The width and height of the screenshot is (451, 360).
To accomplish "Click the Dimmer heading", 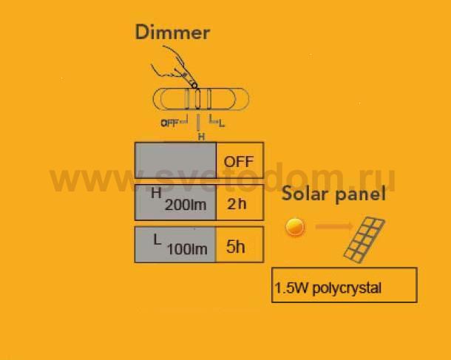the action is (172, 33).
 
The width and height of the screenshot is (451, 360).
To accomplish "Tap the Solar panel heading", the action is (333, 194).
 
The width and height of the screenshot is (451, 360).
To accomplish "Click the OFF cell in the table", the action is (240, 160).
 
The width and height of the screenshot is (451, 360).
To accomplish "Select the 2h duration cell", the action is (240, 203).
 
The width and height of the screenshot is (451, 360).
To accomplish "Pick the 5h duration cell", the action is (240, 245).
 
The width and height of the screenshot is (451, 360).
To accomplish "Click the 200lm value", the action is (186, 205).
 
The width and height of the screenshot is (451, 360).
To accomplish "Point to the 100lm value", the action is (187, 249).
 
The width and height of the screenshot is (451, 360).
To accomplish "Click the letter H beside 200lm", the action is (156, 193).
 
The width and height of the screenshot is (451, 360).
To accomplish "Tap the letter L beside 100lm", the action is (157, 240).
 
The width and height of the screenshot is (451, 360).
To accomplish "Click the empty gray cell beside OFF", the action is (176, 160).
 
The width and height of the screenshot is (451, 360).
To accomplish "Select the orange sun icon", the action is (295, 227).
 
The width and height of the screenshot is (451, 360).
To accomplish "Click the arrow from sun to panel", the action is (334, 226).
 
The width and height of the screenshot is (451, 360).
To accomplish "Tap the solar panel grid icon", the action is (364, 240).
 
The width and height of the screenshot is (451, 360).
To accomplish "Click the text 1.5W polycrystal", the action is (328, 288).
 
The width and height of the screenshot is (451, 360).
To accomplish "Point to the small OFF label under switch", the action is (169, 123).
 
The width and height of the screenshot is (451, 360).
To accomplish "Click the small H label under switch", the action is (201, 137).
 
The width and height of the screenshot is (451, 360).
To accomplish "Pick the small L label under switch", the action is (221, 124).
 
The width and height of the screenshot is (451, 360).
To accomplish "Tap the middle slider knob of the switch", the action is (197, 98).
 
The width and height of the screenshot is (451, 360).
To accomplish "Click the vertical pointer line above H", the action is (198, 123).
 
